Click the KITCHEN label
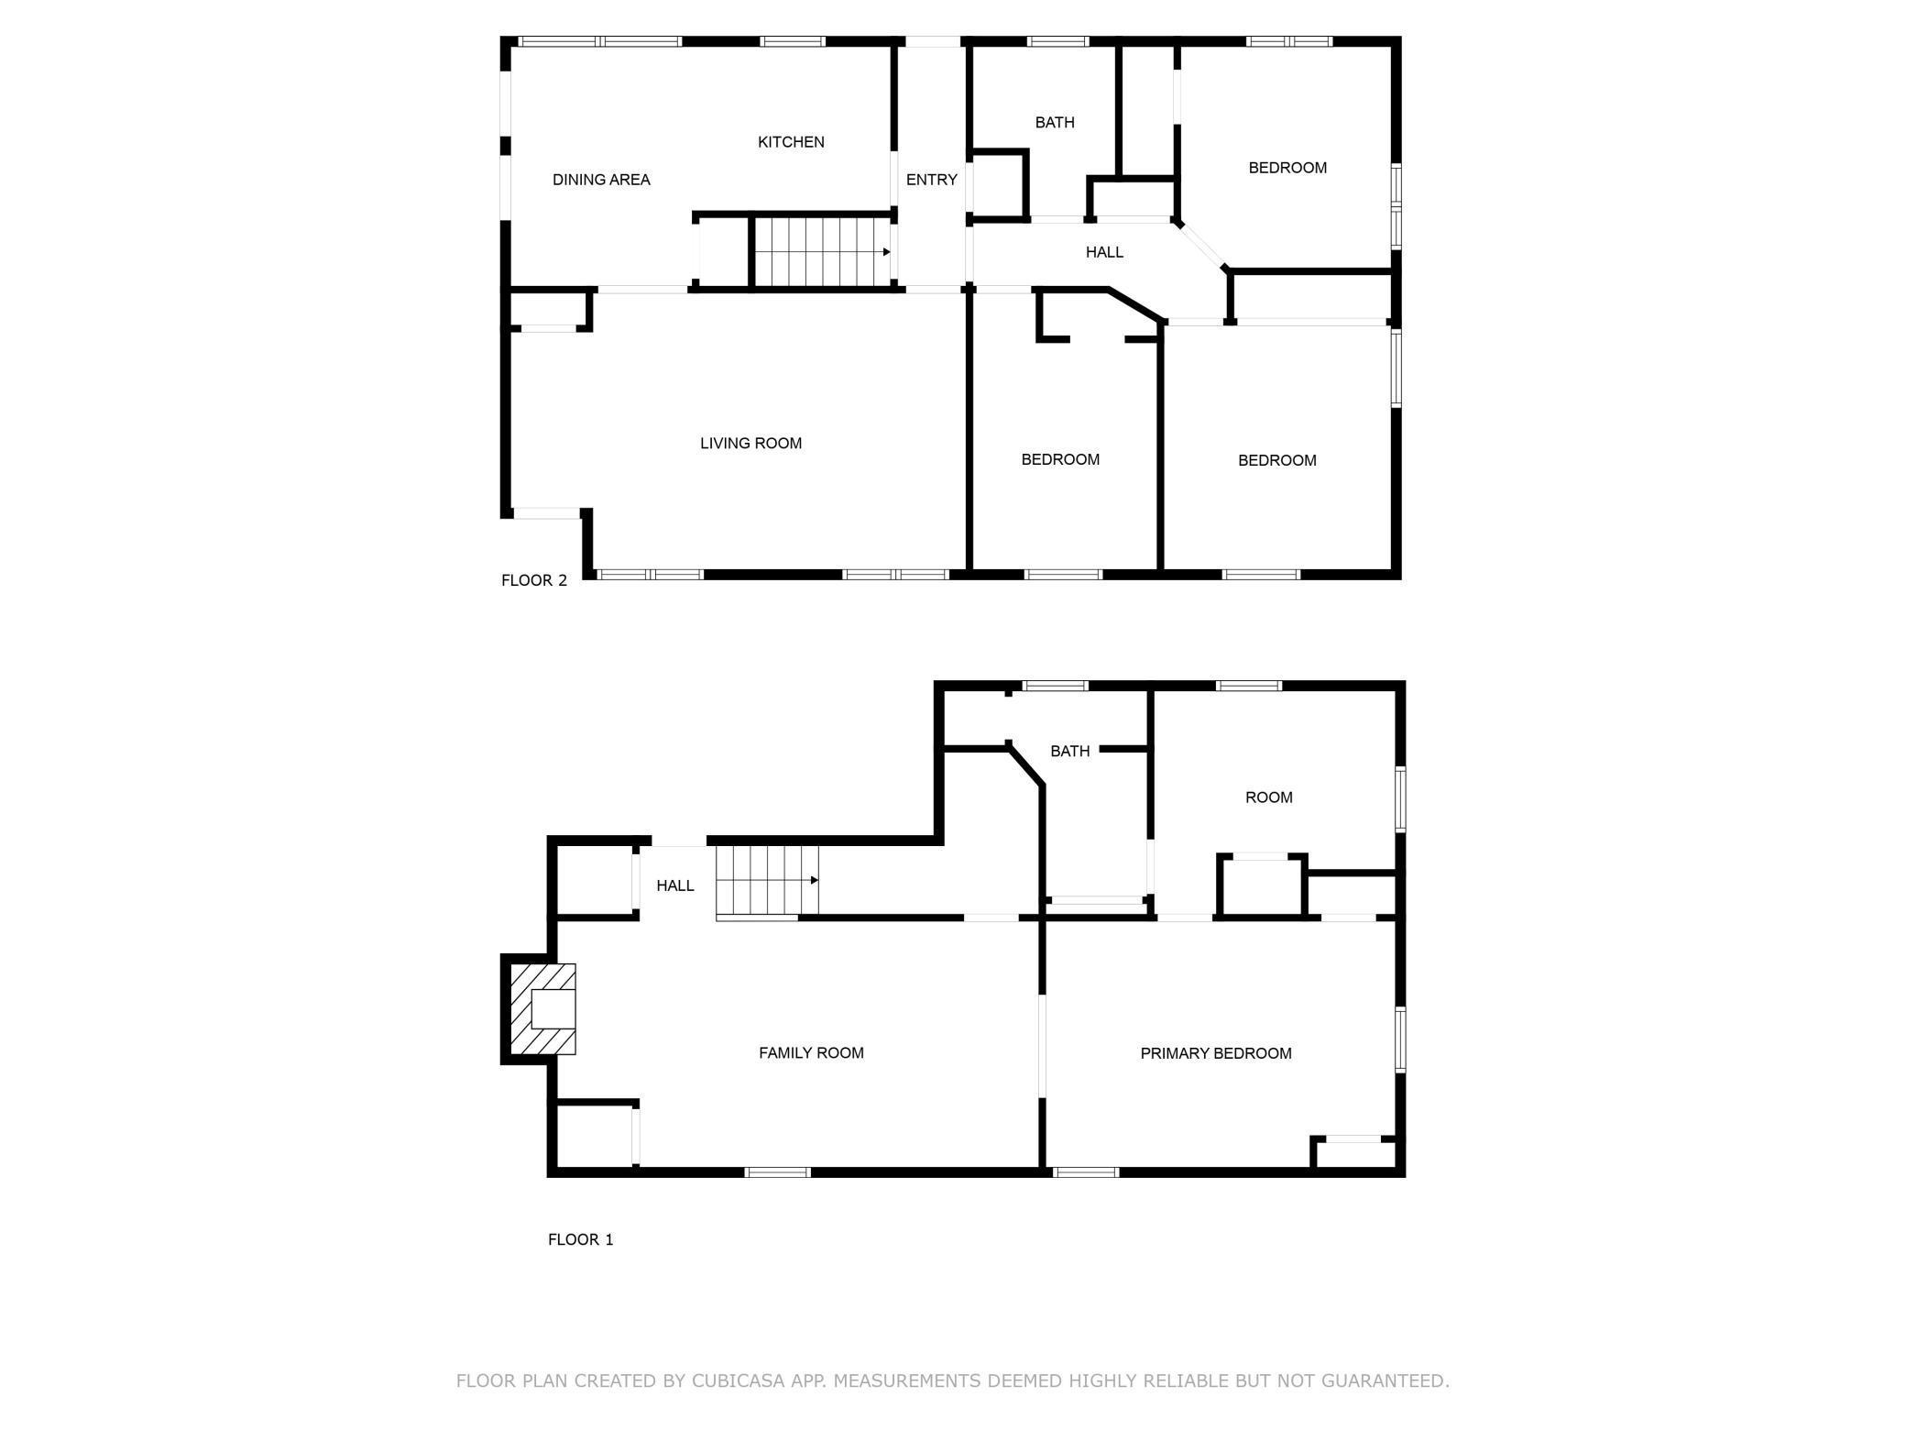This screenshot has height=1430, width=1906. coord(791,142)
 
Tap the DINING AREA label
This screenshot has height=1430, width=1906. coord(601,180)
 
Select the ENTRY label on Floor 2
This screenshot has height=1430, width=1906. coord(931,180)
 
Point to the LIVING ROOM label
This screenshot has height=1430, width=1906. coord(750,444)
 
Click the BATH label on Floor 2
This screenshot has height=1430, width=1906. coord(1055,123)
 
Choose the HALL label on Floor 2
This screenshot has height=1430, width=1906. coord(1104,252)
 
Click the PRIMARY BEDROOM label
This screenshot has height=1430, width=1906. coord(1215,1054)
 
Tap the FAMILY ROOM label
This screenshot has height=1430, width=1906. coord(811,1053)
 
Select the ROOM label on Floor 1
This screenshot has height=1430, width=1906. coord(1268,797)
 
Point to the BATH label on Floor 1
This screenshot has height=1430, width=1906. coord(1069,752)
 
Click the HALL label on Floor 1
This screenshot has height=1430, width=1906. coord(674,885)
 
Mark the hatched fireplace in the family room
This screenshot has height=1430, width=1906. coord(543,1008)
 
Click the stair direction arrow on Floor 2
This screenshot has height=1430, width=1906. coord(886,252)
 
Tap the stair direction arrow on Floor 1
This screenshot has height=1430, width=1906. coord(814,880)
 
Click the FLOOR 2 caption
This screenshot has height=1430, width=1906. coord(534,580)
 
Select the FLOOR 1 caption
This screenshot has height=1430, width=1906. coord(580,1239)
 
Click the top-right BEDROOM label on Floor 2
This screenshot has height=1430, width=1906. coord(1287,168)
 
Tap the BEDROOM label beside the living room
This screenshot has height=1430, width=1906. coord(1060,459)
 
